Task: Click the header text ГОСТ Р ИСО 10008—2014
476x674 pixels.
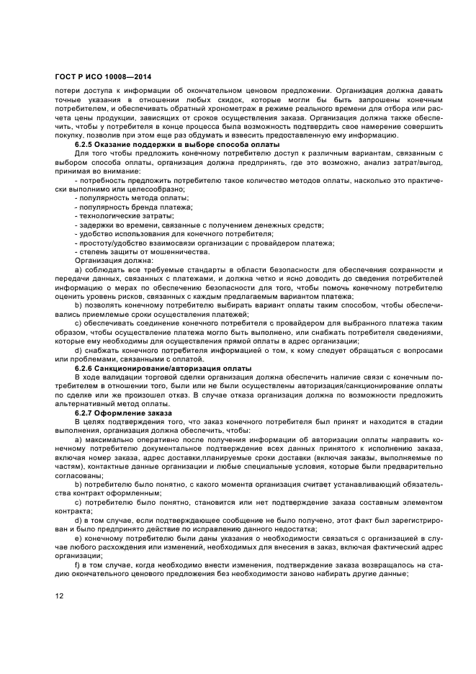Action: pyautogui.click(x=103, y=76)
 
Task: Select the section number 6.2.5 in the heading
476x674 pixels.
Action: pyautogui.click(x=86, y=144)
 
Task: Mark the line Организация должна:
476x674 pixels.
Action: pyautogui.click(x=109, y=260)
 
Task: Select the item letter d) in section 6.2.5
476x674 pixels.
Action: pyautogui.click(x=78, y=350)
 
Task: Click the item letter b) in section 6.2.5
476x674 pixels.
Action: pyautogui.click(x=78, y=305)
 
